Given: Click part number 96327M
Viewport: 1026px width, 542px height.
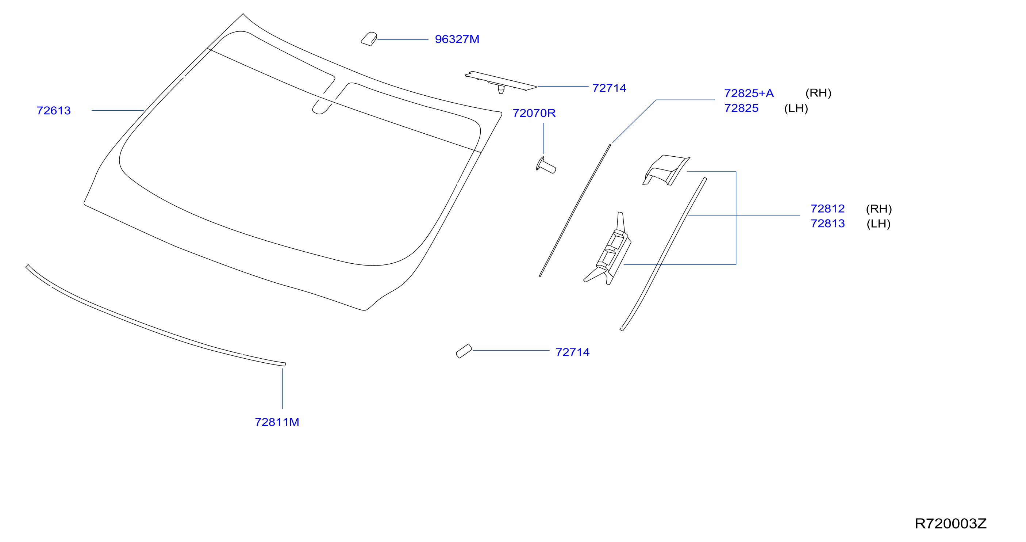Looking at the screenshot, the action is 457,39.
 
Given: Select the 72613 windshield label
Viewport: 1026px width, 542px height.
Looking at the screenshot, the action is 54,111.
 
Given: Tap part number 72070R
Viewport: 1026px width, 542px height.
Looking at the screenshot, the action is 534,113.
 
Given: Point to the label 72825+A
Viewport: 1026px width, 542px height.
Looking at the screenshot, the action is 749,93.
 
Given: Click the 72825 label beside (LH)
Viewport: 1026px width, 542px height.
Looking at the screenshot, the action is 741,108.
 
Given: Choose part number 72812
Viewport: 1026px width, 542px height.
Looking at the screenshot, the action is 828,209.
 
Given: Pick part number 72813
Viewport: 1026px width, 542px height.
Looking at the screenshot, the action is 828,224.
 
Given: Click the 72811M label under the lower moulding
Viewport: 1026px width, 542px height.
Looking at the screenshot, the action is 277,422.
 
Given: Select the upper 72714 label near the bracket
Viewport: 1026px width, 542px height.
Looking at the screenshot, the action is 609,88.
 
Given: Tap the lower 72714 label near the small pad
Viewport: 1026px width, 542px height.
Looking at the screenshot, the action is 572,352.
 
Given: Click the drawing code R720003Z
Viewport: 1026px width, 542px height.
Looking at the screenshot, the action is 951,524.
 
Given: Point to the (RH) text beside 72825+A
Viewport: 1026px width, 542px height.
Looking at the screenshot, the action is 818,93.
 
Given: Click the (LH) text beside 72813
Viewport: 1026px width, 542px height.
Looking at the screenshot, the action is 879,224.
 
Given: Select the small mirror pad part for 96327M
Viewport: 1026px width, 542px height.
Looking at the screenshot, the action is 369,39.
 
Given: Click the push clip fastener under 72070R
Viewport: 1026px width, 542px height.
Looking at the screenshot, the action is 546,165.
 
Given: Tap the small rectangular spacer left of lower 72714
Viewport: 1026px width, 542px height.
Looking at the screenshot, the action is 464,351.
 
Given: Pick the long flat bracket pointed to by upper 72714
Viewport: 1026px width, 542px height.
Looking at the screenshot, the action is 501,82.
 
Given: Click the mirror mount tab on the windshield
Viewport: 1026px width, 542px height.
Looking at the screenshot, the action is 322,107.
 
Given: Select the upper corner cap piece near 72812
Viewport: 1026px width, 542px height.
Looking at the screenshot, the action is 666,170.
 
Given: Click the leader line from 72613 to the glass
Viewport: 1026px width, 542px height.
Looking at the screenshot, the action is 118,110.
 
